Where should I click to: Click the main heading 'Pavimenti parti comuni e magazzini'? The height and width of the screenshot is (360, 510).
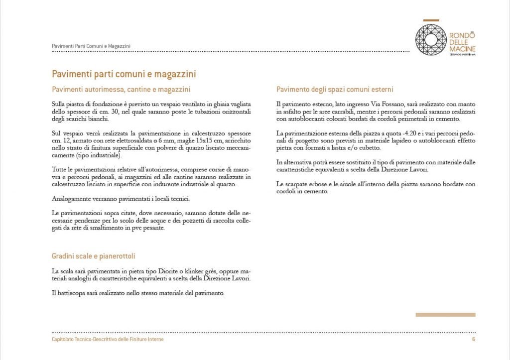(124, 74)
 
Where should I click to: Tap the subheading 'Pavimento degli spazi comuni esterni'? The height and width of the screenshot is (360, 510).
(335, 90)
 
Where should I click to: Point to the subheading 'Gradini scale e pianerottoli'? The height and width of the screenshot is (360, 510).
(93, 256)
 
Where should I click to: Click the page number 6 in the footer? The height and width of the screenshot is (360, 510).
(473, 339)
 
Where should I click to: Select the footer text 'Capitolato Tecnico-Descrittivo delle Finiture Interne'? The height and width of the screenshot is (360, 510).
(108, 339)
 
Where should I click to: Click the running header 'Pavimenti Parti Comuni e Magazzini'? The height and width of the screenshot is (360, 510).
(91, 46)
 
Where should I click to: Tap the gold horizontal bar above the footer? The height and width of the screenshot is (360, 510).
(445, 315)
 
